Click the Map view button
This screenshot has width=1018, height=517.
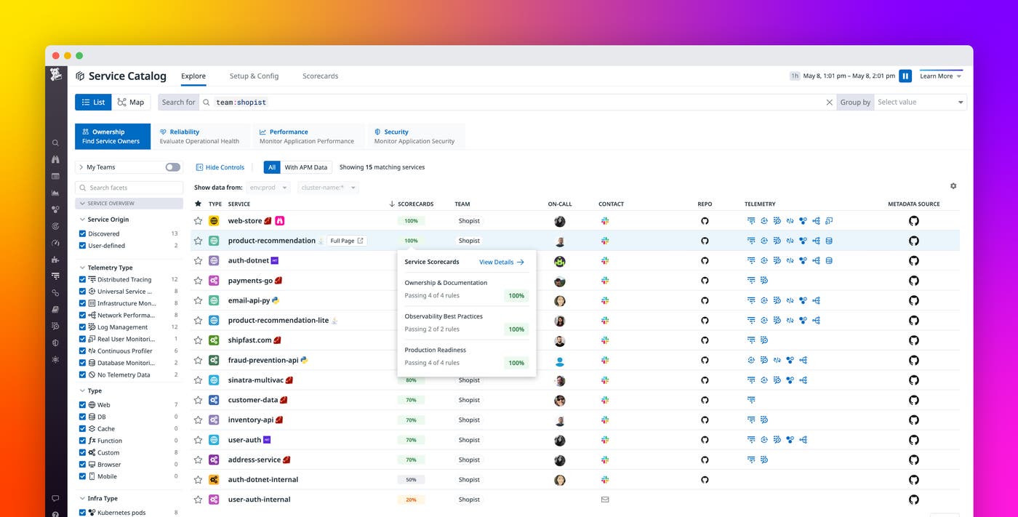click(131, 103)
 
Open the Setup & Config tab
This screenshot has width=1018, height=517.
click(254, 76)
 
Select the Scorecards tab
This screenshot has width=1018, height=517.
click(320, 76)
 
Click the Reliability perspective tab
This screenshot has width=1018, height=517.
click(199, 136)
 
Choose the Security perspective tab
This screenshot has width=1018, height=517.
click(414, 136)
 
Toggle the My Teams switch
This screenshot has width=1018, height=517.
click(172, 167)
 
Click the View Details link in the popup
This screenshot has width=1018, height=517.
click(502, 262)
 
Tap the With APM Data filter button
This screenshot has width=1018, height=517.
click(305, 167)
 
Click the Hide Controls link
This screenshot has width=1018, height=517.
click(220, 167)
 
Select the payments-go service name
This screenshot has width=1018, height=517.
click(250, 281)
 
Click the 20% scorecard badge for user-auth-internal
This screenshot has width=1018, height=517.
click(411, 500)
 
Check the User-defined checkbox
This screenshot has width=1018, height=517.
click(83, 246)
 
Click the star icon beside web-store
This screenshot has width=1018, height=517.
click(198, 221)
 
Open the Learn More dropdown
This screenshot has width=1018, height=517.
click(940, 76)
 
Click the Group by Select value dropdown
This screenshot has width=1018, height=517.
click(920, 103)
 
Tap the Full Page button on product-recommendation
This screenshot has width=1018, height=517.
click(346, 241)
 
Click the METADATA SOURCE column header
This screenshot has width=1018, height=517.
click(913, 204)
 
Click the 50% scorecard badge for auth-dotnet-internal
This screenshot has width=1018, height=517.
click(411, 480)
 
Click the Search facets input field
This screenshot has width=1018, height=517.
click(129, 188)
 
